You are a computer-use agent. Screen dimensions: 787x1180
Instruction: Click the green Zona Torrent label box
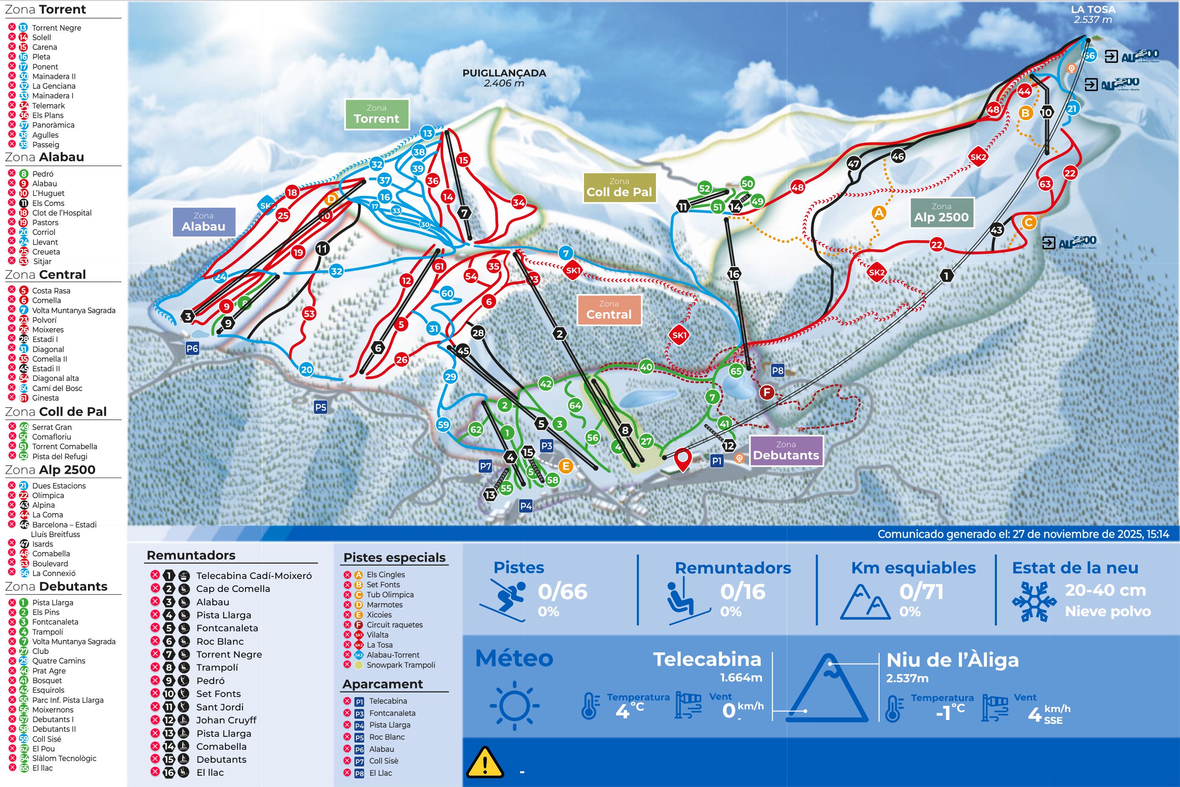click(377, 114)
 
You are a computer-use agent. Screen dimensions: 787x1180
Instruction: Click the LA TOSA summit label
click(1092, 10)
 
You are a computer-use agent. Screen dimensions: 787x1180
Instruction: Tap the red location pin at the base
click(682, 459)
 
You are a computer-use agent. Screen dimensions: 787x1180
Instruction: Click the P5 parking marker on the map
click(320, 407)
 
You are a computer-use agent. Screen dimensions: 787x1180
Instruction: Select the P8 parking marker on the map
click(777, 371)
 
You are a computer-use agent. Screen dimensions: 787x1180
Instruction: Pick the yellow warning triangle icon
click(485, 762)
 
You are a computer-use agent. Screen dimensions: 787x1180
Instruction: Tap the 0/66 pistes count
click(563, 592)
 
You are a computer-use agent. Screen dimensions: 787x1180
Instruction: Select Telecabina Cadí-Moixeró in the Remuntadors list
click(253, 576)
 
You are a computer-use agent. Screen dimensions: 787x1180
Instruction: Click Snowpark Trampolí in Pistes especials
click(401, 665)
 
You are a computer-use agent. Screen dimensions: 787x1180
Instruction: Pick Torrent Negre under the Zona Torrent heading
click(56, 28)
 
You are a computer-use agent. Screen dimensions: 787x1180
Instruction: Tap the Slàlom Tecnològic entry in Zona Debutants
click(64, 759)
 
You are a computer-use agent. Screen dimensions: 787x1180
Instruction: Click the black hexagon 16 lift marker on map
click(733, 274)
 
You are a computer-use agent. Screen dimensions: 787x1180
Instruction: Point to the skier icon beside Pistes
click(503, 600)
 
